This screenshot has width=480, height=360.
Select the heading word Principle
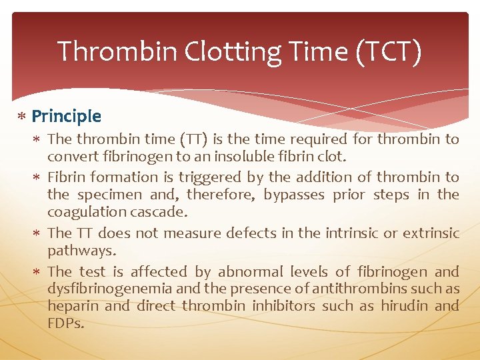tap(67, 117)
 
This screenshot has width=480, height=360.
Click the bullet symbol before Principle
tap(22, 117)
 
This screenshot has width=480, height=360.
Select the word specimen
tap(112, 195)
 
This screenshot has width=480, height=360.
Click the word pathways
tap(81, 251)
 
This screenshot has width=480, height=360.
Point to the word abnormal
tap(250, 272)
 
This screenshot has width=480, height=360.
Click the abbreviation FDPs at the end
tap(66, 323)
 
